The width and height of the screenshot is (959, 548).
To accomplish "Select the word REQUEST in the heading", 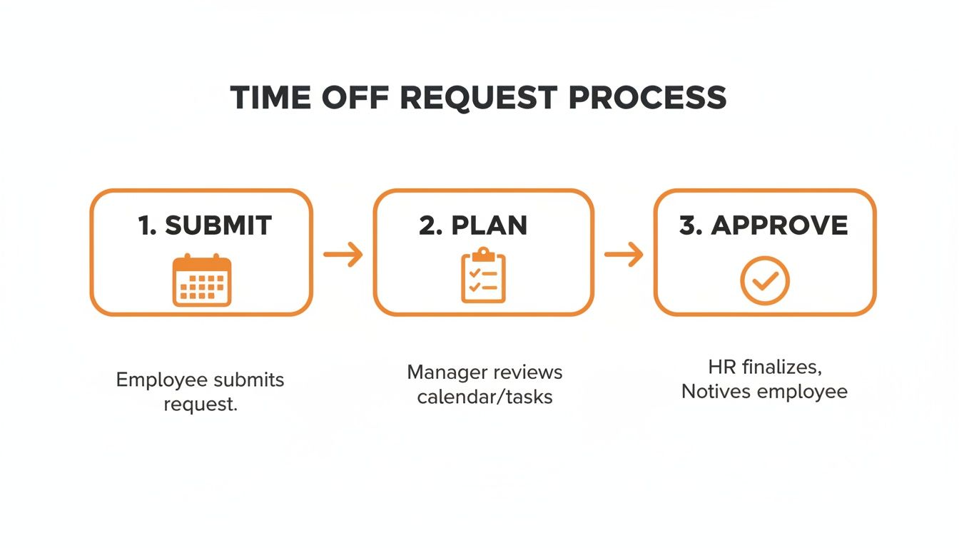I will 479,98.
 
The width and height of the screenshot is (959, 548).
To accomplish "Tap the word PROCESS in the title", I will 648,98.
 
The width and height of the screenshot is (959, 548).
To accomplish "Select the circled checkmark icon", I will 765,280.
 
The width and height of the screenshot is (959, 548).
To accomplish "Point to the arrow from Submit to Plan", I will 343,254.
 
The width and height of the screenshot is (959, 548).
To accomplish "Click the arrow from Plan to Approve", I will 624,254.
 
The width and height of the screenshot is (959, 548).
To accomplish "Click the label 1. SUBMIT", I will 205,225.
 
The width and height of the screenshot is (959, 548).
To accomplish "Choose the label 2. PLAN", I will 473,225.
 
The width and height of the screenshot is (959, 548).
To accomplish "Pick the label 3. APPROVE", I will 764,225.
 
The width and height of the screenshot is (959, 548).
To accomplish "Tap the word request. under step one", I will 201,404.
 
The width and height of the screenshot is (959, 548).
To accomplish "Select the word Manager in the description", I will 447,372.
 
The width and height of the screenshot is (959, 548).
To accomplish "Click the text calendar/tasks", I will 484,397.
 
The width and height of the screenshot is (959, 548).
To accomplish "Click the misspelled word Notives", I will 715,392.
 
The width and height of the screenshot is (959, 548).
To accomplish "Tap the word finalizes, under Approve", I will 784,367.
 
